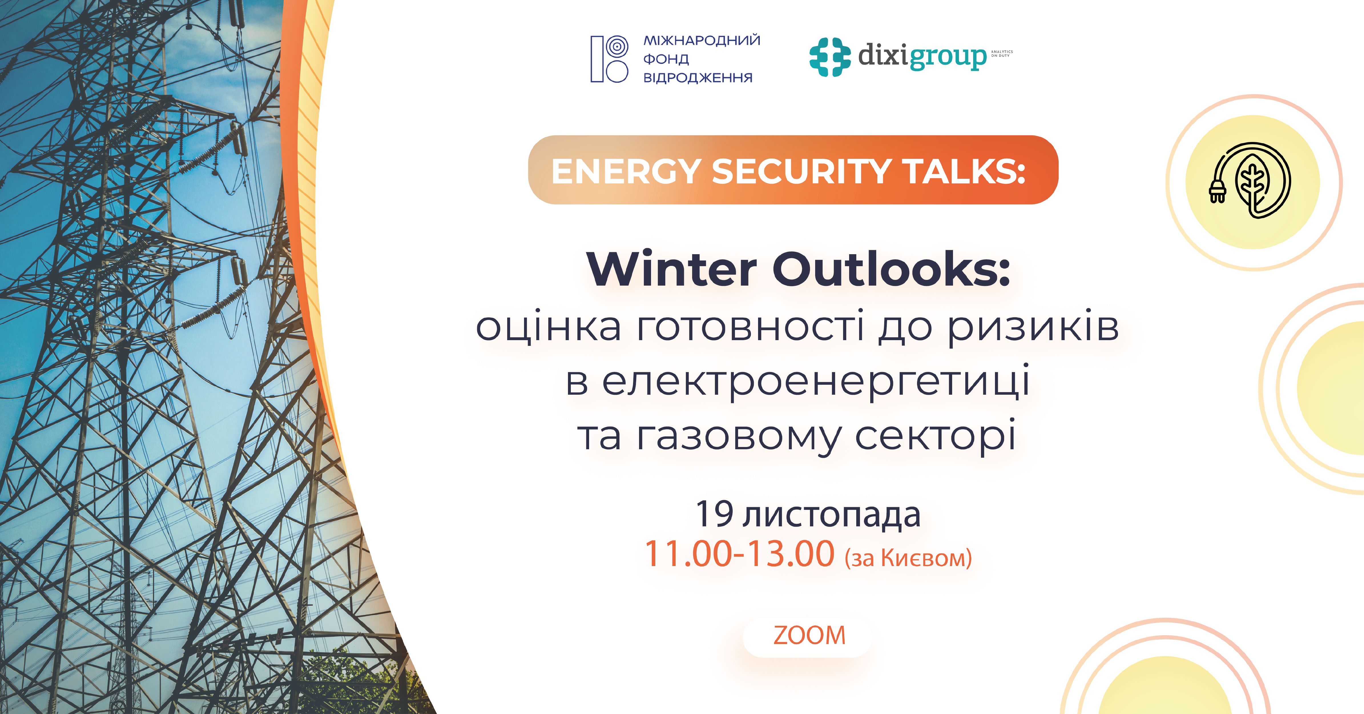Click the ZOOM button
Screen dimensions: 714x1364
pos(809,636)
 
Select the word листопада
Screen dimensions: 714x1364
pos(831,515)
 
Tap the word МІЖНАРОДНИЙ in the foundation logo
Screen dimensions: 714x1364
pos(702,40)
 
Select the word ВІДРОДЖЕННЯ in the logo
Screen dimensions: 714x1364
pos(697,78)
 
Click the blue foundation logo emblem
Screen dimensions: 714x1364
pos(609,59)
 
